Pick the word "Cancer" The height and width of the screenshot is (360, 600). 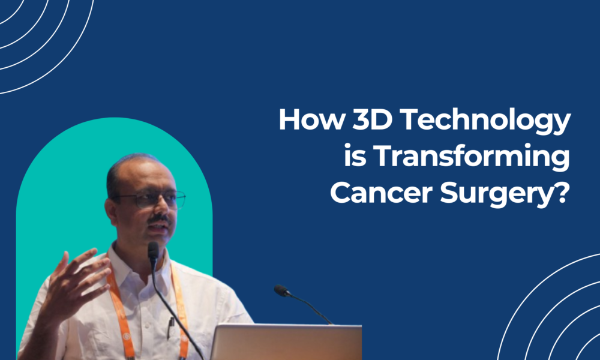[x=373, y=196]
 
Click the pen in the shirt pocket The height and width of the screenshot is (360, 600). [x=170, y=328]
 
